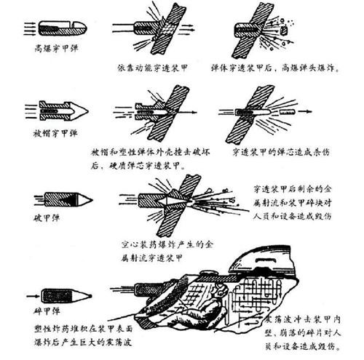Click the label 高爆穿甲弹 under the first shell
coord(56,50)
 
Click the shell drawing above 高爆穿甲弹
coord(60,28)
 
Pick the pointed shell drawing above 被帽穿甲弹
coord(60,111)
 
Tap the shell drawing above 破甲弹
coord(64,199)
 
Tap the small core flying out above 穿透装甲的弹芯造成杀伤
coord(280,112)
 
